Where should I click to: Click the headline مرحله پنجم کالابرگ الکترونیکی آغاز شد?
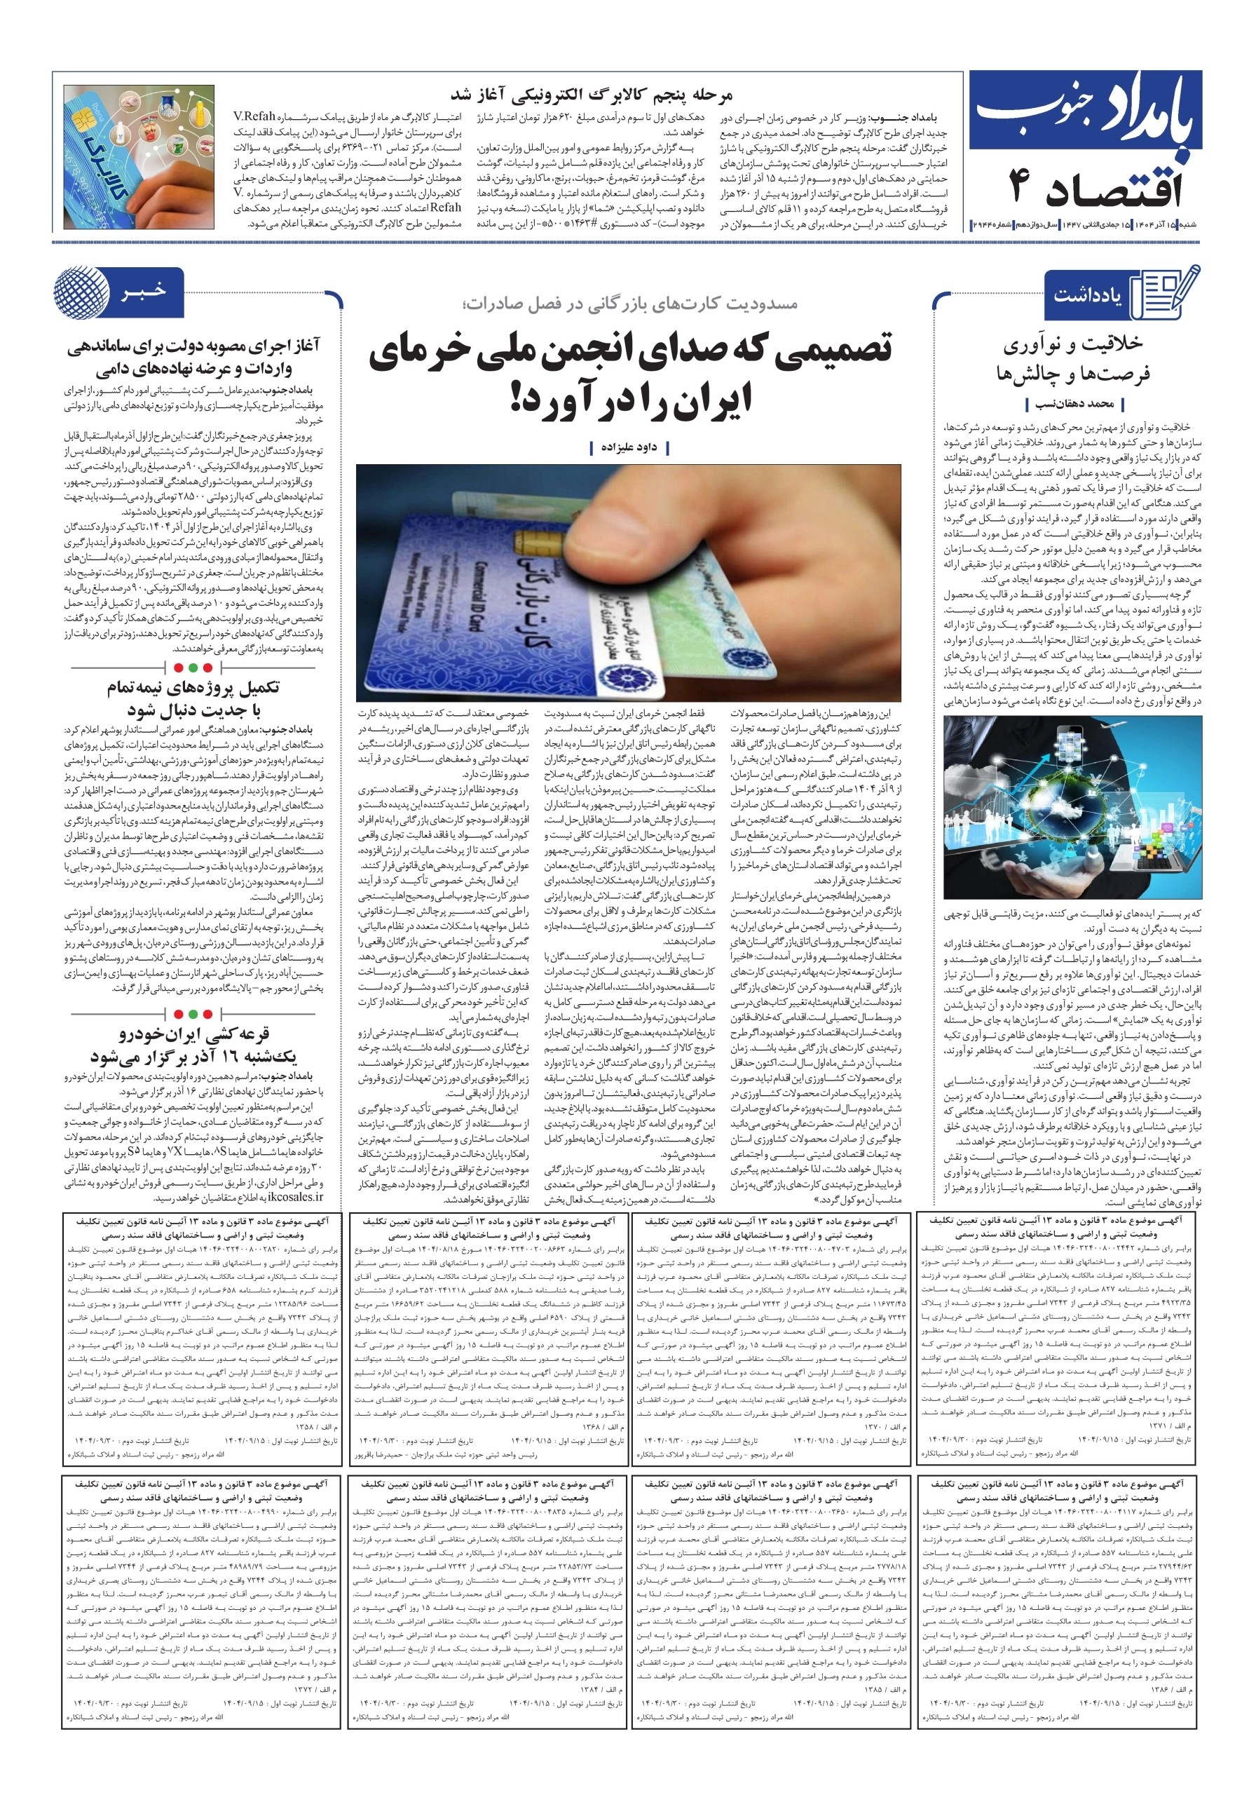(591, 95)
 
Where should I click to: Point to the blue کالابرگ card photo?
(139, 156)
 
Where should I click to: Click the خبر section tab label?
(144, 291)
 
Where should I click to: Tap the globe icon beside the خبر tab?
(81, 292)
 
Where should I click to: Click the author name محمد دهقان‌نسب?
(1074, 404)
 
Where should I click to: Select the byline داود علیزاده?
(629, 447)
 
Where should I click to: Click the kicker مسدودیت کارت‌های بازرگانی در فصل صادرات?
(629, 304)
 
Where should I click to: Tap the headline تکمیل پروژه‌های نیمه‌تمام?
(193, 688)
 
